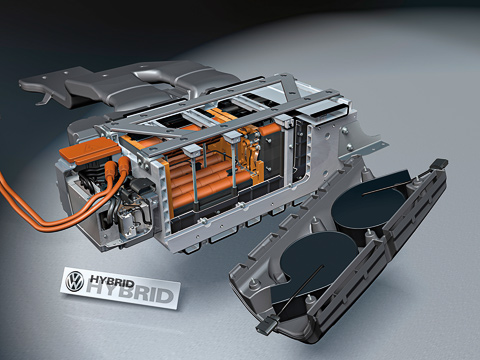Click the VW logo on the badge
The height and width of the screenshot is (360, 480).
(x=75, y=281)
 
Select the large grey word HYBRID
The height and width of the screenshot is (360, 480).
(x=130, y=293)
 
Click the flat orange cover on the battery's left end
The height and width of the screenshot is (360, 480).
(x=90, y=151)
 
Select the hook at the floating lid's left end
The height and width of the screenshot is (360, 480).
(x=45, y=99)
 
